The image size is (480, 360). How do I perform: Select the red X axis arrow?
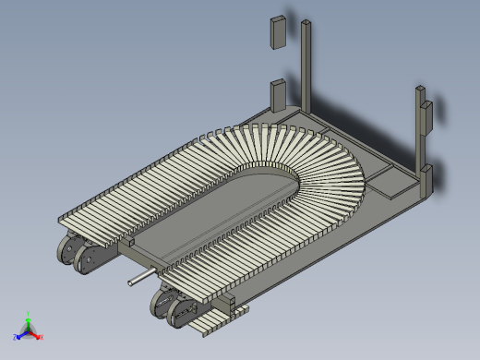point(37,335)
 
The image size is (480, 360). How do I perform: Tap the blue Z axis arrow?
point(20,335)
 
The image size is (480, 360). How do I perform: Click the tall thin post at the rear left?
point(306,65)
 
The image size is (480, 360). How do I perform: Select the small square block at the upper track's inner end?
point(130,243)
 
